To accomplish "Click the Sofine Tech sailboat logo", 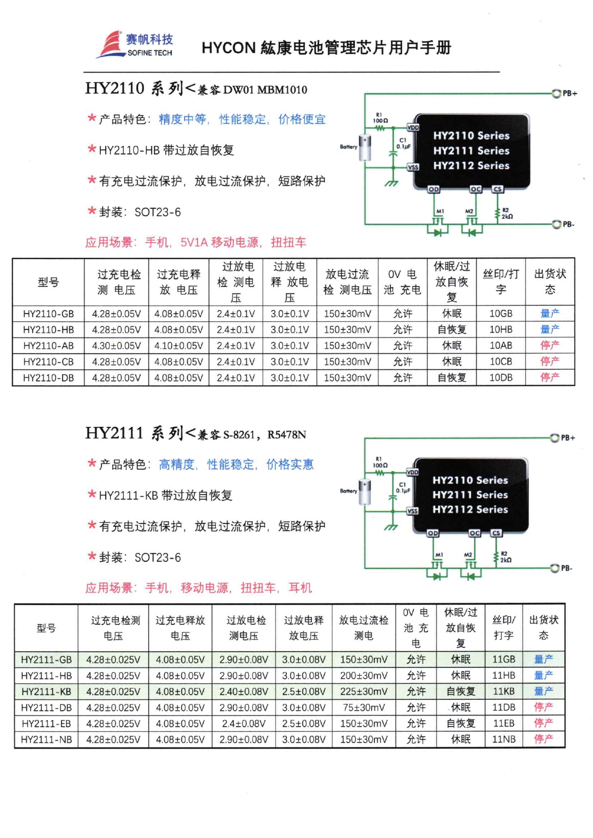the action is point(110,44).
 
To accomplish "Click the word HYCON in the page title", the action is point(229,48).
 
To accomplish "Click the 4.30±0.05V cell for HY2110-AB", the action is point(116,346).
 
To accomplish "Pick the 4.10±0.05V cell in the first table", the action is point(178,346).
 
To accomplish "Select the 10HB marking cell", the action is point(501,330).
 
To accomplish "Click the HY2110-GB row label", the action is point(48,314).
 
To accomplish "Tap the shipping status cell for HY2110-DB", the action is point(549,378).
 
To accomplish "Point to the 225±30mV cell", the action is point(363,692).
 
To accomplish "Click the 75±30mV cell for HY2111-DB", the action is point(363,707).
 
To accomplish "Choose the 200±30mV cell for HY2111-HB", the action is point(363,675).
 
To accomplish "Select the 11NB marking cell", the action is point(504,740).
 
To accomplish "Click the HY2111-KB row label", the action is point(46,692).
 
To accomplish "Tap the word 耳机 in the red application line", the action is point(300,588).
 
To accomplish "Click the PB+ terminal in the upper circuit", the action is point(556,93).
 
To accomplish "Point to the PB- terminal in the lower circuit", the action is point(554,568).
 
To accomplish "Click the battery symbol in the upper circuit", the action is point(365,148).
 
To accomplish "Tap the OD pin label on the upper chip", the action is point(433,189).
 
